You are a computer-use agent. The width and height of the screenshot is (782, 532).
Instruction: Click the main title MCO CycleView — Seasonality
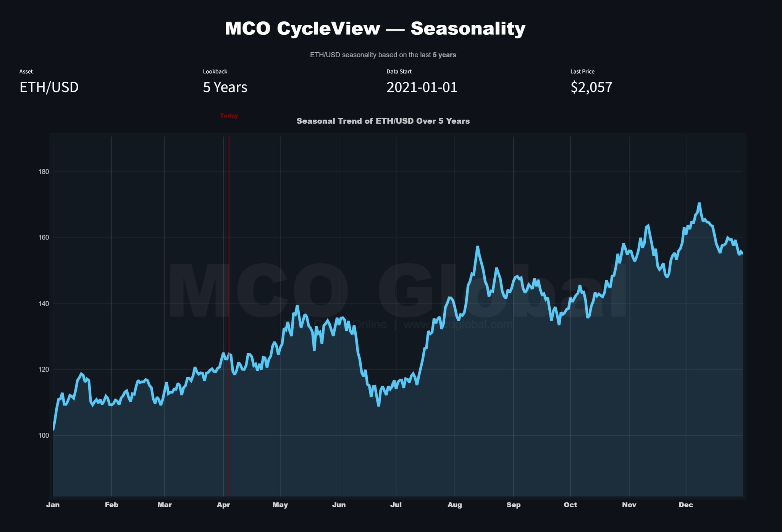(375, 29)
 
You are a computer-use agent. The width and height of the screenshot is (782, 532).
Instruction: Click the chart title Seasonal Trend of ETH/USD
(383, 121)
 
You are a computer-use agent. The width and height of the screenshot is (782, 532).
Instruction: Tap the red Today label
(229, 116)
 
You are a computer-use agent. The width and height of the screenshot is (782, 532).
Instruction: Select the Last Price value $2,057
(591, 87)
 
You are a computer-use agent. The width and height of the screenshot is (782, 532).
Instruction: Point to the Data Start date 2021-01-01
(422, 87)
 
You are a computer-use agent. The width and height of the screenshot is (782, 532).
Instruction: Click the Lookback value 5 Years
(225, 87)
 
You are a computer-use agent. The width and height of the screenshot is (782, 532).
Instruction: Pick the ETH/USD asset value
(49, 87)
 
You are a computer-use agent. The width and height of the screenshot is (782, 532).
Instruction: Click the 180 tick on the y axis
(44, 172)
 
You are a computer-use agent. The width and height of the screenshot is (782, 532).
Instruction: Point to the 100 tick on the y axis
(44, 435)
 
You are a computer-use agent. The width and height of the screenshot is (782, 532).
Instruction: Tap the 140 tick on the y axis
(44, 304)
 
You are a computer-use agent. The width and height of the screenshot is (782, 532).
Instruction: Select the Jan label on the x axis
(53, 505)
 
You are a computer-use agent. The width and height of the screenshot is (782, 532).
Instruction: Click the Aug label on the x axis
(455, 505)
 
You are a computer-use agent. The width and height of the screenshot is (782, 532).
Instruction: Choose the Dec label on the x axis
(686, 505)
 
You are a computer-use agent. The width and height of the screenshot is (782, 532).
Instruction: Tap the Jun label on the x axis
(339, 505)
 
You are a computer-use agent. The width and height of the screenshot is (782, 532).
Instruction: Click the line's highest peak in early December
(699, 204)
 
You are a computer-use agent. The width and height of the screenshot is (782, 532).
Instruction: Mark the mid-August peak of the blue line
(477, 247)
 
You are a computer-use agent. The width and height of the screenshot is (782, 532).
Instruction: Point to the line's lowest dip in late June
(378, 405)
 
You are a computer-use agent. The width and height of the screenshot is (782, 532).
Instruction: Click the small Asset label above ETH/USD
(26, 71)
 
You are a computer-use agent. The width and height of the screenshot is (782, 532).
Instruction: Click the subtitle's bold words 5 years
(444, 55)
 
